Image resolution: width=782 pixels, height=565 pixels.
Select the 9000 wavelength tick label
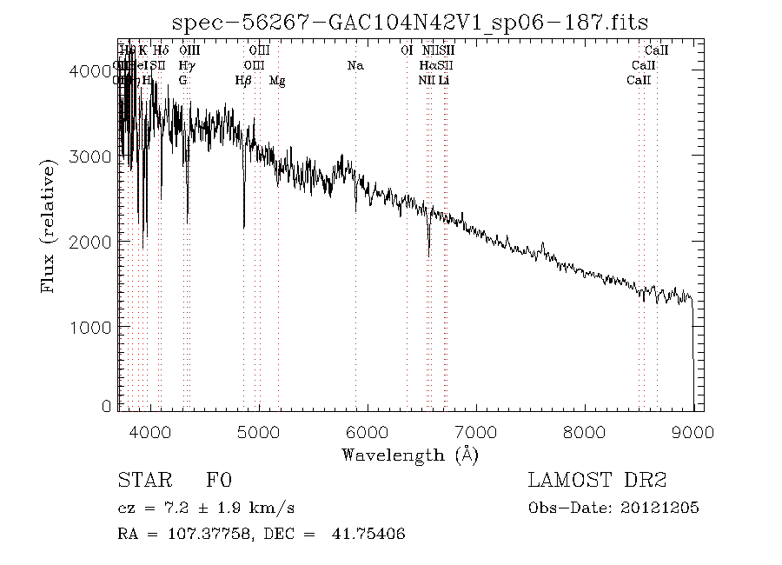(693, 432)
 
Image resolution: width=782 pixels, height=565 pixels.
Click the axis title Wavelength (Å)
(410, 455)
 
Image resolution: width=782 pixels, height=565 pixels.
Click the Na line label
(355, 65)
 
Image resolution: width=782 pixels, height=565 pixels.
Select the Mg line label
(277, 81)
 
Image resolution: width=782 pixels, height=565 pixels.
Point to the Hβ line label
(243, 81)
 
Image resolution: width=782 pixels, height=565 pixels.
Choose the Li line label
(443, 81)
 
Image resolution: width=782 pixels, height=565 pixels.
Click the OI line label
(406, 50)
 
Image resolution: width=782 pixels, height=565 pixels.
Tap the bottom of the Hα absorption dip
(428, 255)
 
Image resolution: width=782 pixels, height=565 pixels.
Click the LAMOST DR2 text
(596, 481)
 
